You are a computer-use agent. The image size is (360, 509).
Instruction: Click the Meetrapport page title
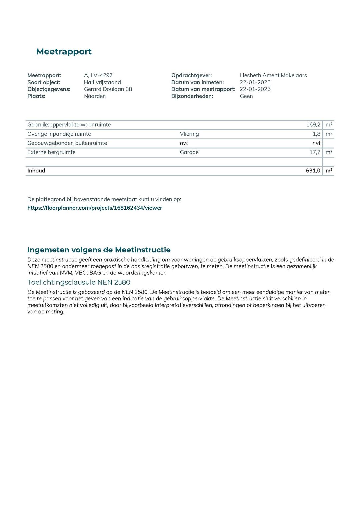coord(64,52)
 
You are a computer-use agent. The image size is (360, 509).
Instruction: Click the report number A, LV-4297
coord(98,75)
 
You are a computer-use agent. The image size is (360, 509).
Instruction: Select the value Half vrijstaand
coord(102,82)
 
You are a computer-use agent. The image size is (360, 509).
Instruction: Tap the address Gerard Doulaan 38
coord(108,89)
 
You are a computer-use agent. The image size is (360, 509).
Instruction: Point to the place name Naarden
coord(95,96)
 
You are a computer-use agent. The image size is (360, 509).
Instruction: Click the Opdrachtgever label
coord(191,75)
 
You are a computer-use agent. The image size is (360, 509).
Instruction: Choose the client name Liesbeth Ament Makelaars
coord(273,75)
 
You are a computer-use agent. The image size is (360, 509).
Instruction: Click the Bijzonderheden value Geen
coord(246,96)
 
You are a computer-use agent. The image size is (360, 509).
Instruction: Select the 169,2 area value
coord(313,125)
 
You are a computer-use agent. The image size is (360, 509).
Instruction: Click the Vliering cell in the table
coord(189,134)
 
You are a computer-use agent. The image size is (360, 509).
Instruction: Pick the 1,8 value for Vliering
coord(316,134)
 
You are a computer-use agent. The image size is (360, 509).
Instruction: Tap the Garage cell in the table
coord(189,152)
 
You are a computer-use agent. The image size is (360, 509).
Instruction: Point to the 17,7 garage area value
coord(315,152)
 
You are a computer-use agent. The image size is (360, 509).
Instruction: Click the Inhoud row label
coord(36,171)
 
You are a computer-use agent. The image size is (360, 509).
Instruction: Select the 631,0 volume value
coord(313,171)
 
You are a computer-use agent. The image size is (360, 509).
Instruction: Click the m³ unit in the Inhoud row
coord(329,171)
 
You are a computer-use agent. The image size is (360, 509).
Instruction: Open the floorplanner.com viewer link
coord(95,208)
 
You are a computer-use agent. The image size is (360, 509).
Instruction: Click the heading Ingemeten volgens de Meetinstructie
coord(99,250)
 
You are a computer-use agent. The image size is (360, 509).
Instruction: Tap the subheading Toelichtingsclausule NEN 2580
coord(79,282)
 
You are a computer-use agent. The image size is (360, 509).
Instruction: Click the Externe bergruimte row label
coord(51,152)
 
